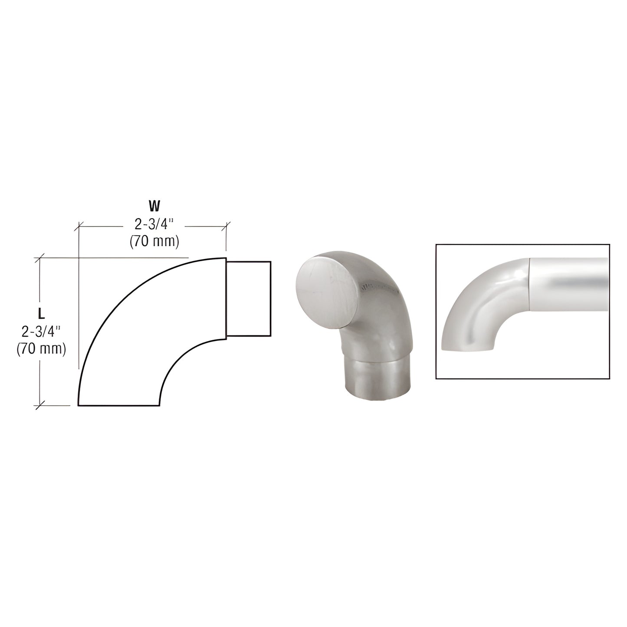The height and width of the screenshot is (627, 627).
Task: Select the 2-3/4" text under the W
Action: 154,224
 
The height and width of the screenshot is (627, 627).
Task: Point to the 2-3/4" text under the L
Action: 41,332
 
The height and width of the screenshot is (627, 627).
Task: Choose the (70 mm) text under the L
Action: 41,348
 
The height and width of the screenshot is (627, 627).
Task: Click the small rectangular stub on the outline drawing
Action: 249,298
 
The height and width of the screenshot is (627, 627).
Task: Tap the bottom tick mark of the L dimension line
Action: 40,405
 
